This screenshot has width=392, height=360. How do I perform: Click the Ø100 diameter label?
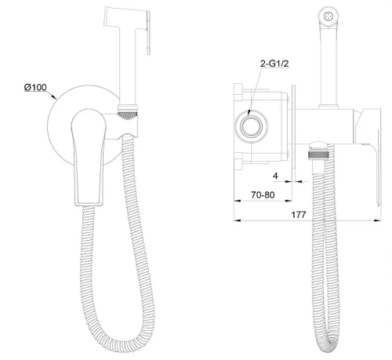point(35,87)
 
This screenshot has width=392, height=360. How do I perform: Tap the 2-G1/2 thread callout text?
point(274,64)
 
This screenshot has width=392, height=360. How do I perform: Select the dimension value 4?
point(275,176)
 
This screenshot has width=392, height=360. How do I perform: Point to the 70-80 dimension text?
point(263,195)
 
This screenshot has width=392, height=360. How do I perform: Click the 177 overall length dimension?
point(299,215)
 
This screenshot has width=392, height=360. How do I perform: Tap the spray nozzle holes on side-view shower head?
point(328,16)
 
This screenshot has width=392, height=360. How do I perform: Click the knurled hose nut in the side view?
point(318,155)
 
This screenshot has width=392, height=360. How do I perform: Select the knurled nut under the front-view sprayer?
point(128,115)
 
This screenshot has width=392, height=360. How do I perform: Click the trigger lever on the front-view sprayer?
point(148,33)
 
